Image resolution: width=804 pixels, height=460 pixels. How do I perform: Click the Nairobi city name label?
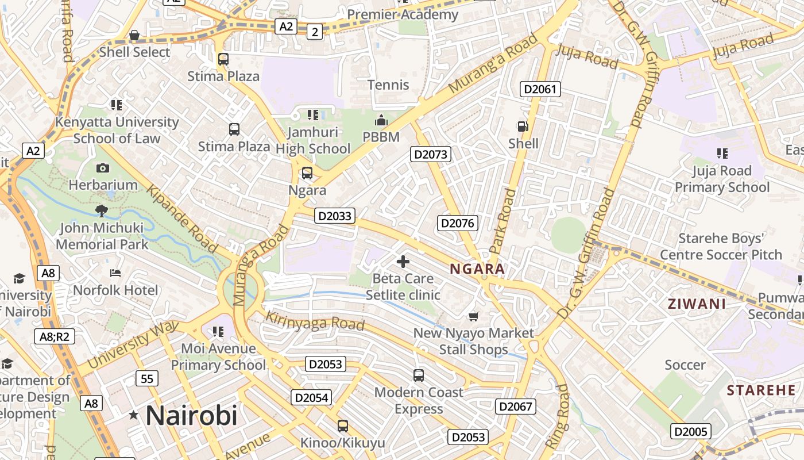pos(191,415)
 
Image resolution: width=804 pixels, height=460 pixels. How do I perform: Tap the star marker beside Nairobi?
pos(134,415)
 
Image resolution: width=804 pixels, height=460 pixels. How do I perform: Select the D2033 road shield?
pos(335,216)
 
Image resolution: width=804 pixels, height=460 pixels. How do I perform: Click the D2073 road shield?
pos(431,154)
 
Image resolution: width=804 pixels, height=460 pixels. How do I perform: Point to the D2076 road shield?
pos(458,223)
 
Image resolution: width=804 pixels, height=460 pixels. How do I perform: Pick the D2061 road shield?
pos(540,89)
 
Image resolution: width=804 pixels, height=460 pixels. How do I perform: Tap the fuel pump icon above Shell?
pos(523,126)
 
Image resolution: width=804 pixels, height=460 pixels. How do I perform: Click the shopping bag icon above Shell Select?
pos(134,36)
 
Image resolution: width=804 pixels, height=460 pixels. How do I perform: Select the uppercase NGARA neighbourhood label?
pos(477,269)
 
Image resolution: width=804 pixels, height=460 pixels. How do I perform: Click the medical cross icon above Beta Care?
pos(403,262)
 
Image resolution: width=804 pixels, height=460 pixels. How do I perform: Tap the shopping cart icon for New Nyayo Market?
pos(474,316)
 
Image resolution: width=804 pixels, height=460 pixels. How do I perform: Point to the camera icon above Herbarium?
pos(103,168)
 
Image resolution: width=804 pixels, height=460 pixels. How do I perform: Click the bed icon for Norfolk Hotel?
pos(115,273)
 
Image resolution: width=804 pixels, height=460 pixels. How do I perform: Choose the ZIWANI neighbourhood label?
pos(697,304)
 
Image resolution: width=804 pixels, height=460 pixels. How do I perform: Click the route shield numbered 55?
pos(147,378)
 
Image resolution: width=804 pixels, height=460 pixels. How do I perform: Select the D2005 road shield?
pos(691,431)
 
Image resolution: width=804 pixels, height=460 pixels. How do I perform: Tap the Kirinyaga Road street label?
pos(315,321)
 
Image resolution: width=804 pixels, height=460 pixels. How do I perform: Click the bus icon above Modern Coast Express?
pos(419,375)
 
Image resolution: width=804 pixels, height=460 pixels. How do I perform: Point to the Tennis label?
pos(389,85)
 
